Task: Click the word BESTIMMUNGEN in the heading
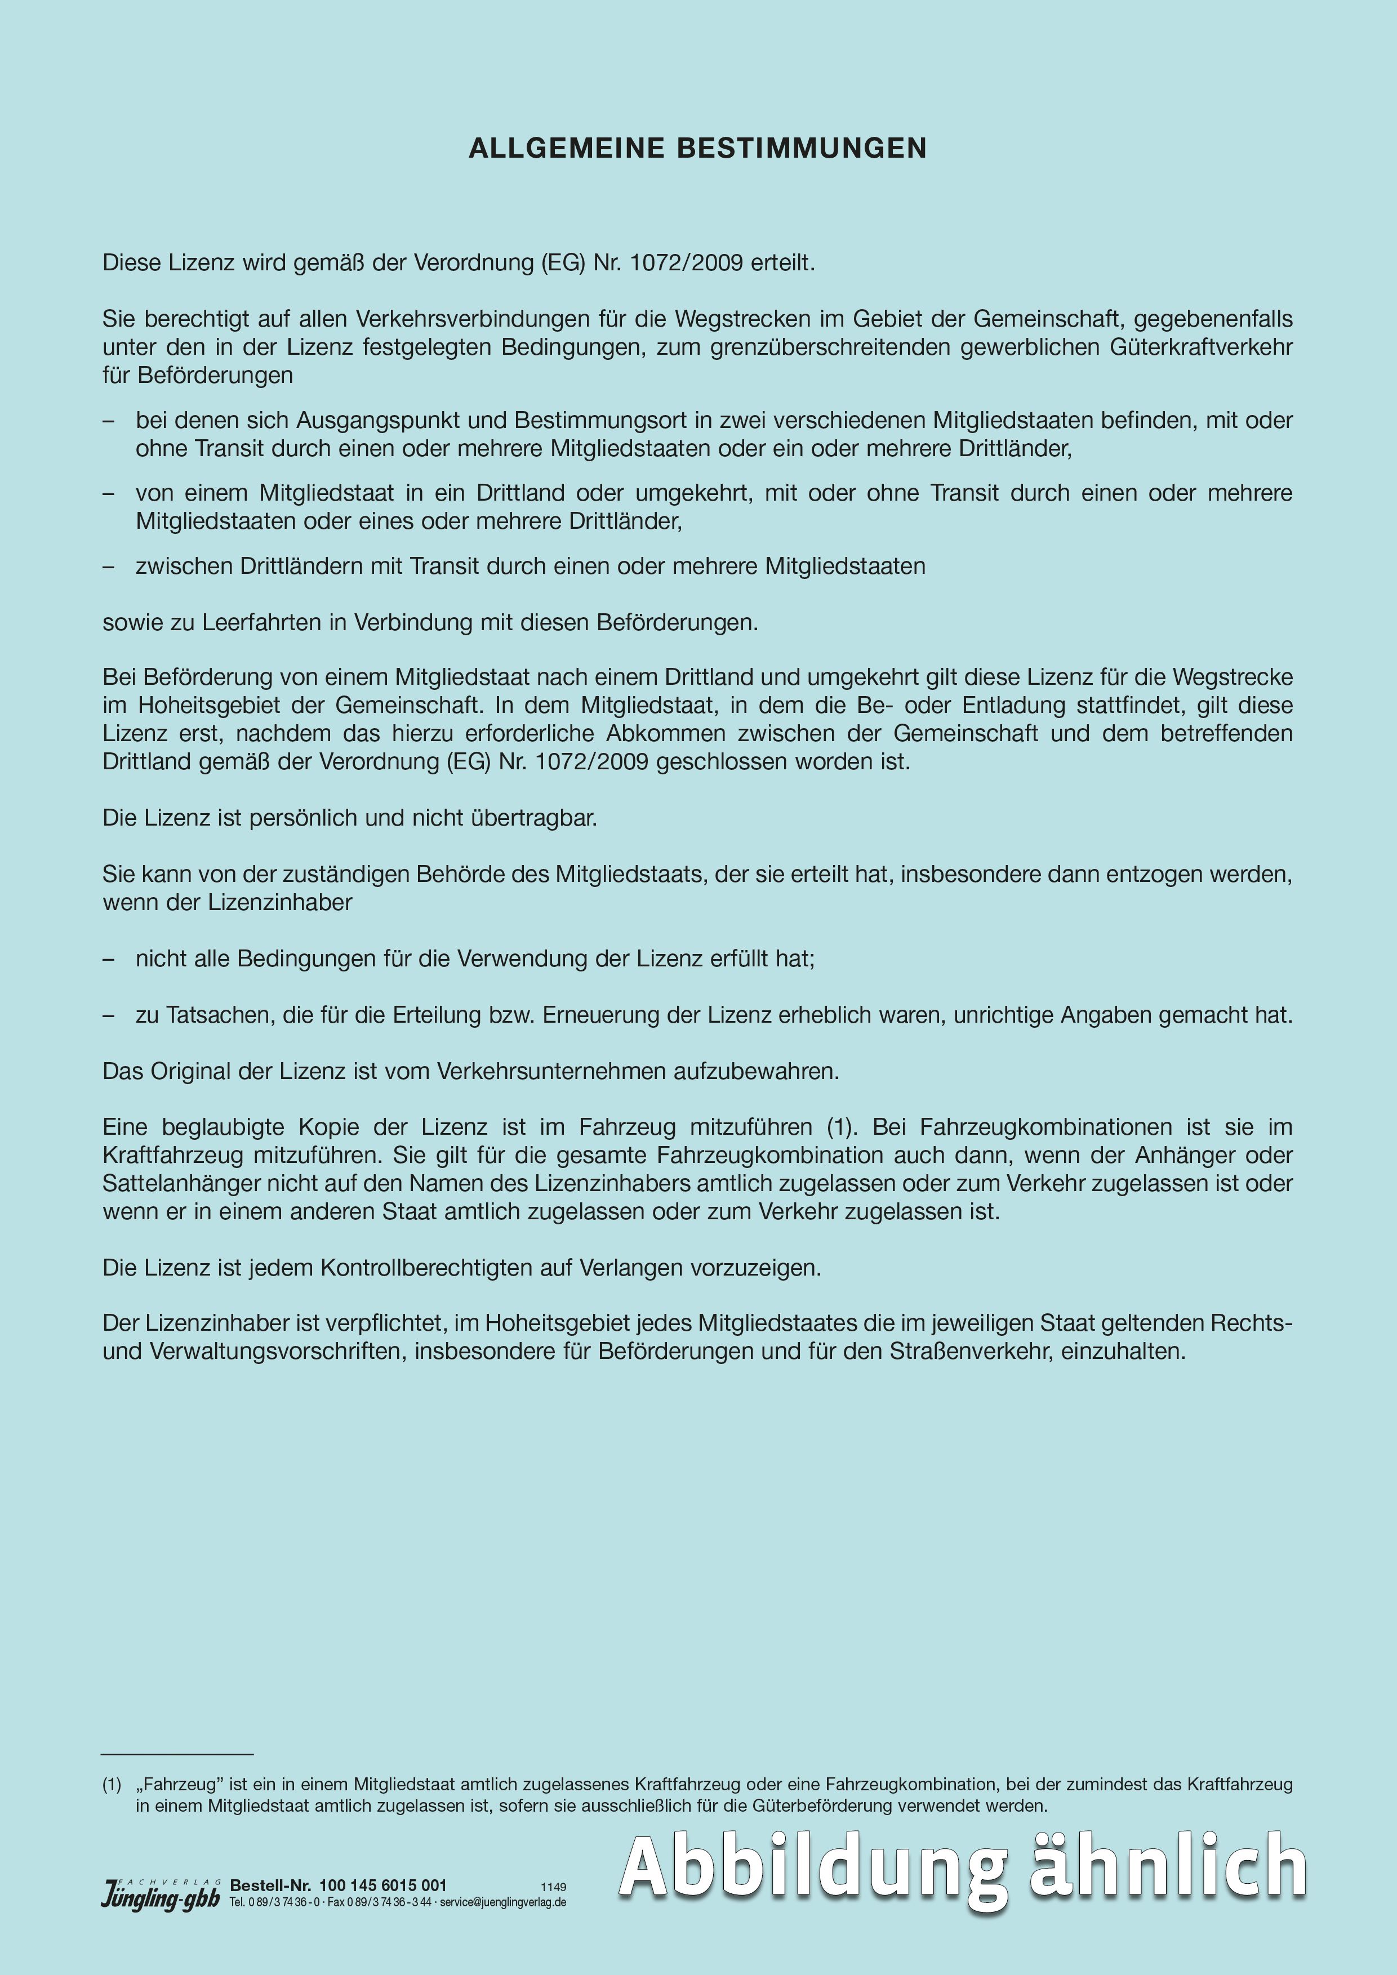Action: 802,148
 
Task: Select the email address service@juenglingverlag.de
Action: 502,1902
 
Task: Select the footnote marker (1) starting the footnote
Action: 112,1785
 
